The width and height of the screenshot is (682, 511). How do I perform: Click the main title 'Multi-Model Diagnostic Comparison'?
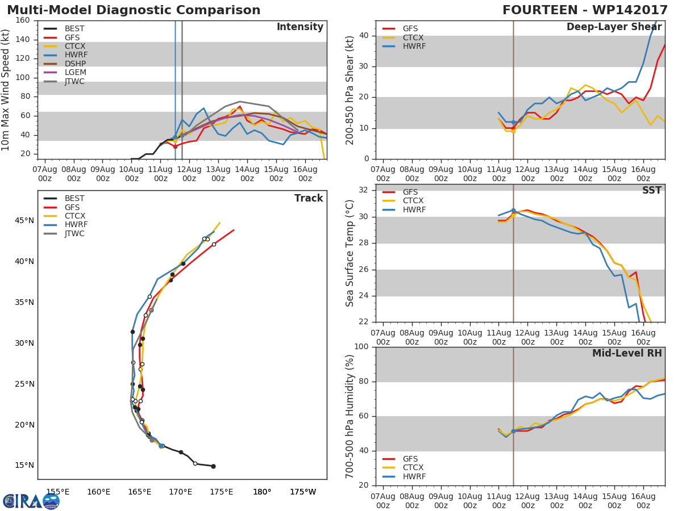134,10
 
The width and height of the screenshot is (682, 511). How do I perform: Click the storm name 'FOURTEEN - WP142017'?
585,10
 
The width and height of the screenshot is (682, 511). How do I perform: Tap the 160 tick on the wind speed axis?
23,20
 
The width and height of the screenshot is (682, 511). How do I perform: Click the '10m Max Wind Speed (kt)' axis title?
6,90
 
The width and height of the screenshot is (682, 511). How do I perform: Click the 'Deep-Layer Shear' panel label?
614,27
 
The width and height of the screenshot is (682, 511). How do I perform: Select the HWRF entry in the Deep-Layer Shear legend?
413,47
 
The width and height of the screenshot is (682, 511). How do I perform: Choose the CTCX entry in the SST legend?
413,201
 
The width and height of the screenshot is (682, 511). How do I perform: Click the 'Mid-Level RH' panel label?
627,353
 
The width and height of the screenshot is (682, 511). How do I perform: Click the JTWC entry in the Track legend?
74,233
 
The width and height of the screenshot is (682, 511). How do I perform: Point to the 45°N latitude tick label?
24,220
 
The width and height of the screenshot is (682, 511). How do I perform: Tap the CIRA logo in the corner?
31,501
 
